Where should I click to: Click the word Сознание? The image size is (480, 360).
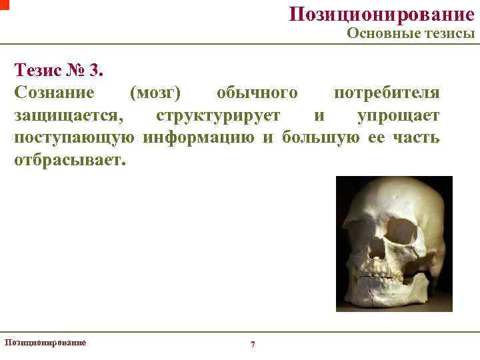(54, 93)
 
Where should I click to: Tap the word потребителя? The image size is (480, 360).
(387, 93)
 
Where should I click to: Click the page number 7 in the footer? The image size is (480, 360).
(252, 344)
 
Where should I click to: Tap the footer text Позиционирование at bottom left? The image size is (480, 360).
(45, 342)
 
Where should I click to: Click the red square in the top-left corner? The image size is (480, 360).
(4, 4)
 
